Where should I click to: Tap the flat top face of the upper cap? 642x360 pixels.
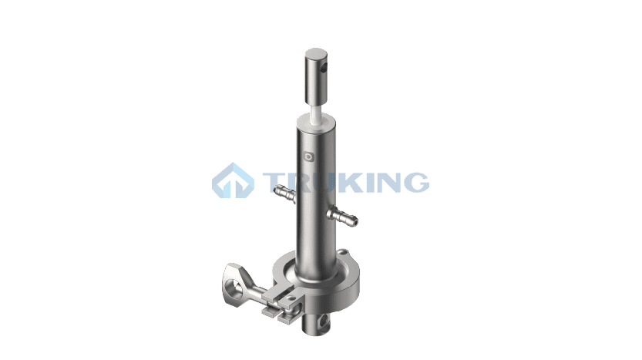pos(316,54)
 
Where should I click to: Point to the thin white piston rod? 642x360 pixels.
pos(317,111)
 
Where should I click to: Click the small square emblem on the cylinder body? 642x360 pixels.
pos(309,157)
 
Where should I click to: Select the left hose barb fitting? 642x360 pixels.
pos(285,193)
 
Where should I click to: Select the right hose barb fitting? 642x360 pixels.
pos(342,216)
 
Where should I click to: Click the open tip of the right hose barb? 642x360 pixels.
pos(355,221)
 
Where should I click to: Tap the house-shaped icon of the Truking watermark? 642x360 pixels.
pos(233,180)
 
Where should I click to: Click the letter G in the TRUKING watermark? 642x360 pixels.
pos(414,182)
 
